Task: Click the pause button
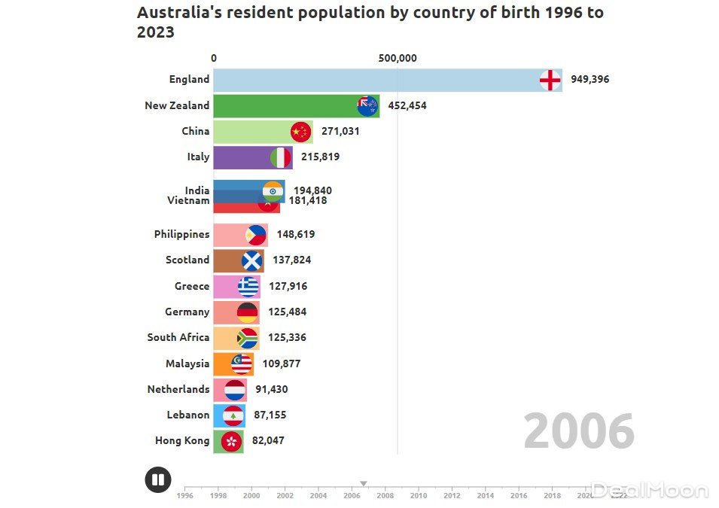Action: click(158, 479)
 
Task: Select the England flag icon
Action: click(550, 80)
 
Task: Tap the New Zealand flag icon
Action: click(367, 106)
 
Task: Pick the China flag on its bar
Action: click(301, 132)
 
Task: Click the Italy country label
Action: click(198, 157)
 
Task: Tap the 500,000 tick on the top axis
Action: click(398, 59)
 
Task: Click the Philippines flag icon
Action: click(256, 235)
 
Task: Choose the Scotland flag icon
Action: click(252, 260)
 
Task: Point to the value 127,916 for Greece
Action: click(286, 287)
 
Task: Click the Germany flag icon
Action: click(247, 312)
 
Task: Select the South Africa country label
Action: click(178, 338)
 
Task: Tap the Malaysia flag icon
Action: click(242, 364)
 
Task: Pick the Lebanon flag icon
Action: click(234, 415)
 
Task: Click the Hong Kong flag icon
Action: click(232, 441)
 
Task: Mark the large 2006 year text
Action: click(579, 433)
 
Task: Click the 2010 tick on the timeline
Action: click(419, 495)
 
